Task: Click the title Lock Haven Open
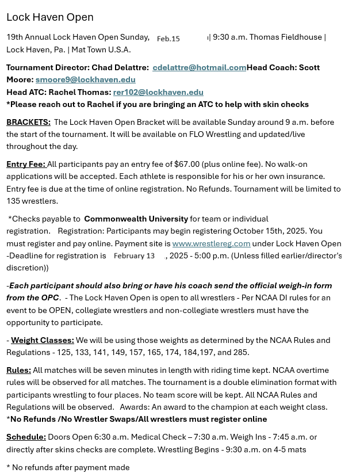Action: pyautogui.click(x=49, y=17)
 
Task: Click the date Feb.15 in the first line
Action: pyautogui.click(x=168, y=39)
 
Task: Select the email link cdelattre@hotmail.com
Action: pyautogui.click(x=199, y=67)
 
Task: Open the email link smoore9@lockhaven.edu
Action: pyautogui.click(x=85, y=79)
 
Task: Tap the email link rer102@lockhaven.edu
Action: pyautogui.click(x=158, y=92)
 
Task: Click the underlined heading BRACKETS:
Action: pyautogui.click(x=28, y=122)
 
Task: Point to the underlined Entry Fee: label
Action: pyautogui.click(x=26, y=164)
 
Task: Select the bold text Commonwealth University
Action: pyautogui.click(x=136, y=219)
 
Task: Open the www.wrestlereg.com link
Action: pyautogui.click(x=211, y=243)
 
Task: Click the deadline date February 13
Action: pyautogui.click(x=134, y=255)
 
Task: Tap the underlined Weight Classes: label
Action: pyautogui.click(x=42, y=340)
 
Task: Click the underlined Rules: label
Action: pyautogui.click(x=18, y=370)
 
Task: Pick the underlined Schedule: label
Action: pyautogui.click(x=26, y=437)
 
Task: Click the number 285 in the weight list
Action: pyautogui.click(x=241, y=352)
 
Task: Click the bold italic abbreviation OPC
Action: pyautogui.click(x=49, y=297)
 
